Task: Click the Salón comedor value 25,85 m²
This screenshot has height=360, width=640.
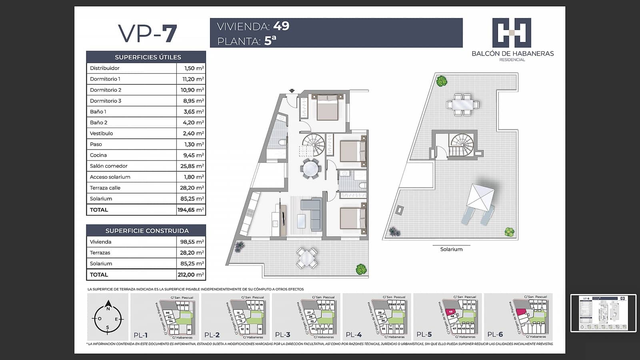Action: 192,166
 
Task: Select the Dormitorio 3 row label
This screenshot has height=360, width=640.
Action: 106,101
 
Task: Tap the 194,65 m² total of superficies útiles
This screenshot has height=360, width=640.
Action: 191,210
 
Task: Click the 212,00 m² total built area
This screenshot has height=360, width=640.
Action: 191,275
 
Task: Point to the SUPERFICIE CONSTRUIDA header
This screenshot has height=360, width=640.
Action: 146,231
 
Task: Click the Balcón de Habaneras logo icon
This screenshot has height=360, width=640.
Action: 512,33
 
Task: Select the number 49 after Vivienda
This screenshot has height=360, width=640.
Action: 281,26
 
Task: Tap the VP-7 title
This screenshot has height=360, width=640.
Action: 147,34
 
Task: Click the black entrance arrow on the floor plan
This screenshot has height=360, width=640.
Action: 292,91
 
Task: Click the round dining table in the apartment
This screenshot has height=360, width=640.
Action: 311,169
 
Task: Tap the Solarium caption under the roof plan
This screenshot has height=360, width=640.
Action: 451,249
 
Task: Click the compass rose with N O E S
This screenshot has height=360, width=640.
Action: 108,319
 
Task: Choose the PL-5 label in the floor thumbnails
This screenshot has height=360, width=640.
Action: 424,335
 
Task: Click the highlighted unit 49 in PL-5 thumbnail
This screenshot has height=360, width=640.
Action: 450,312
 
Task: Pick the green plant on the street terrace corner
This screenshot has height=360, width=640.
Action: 361,269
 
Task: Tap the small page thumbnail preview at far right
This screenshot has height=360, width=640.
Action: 603,313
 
